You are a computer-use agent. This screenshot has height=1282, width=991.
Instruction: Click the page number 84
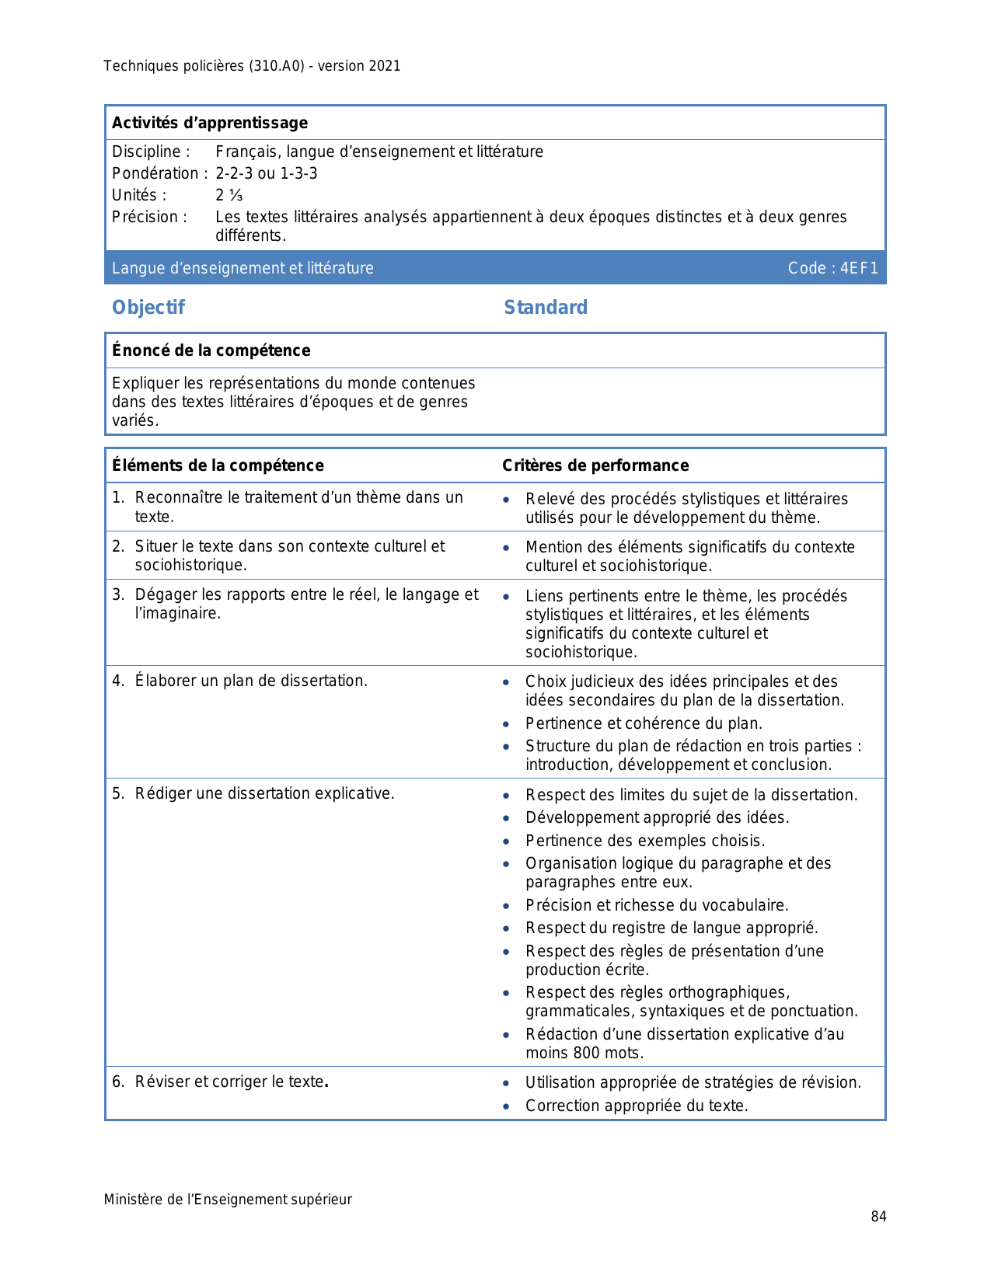(878, 1217)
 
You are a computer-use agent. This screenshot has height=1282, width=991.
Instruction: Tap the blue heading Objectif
(148, 308)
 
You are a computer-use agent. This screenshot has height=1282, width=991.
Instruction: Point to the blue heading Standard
(546, 308)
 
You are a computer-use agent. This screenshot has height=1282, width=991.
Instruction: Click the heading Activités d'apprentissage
(210, 123)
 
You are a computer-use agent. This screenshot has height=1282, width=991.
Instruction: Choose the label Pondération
(155, 173)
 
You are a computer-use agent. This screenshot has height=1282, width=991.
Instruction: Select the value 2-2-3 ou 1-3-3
(267, 173)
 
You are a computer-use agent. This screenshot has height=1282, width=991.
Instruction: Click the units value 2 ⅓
(229, 195)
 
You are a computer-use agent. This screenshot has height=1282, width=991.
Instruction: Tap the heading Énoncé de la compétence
(211, 350)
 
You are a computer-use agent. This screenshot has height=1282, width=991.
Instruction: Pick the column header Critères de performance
(595, 465)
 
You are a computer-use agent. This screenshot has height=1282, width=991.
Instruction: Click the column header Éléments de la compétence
(218, 465)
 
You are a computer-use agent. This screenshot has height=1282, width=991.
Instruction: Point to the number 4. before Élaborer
(118, 681)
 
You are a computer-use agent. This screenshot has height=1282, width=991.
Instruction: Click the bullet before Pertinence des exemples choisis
(506, 841)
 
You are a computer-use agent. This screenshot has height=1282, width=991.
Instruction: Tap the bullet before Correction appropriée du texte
(506, 1106)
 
